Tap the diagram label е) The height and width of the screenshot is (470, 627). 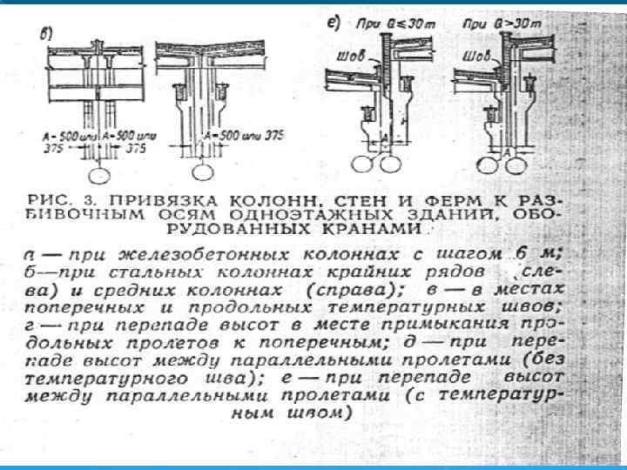tap(332, 21)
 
